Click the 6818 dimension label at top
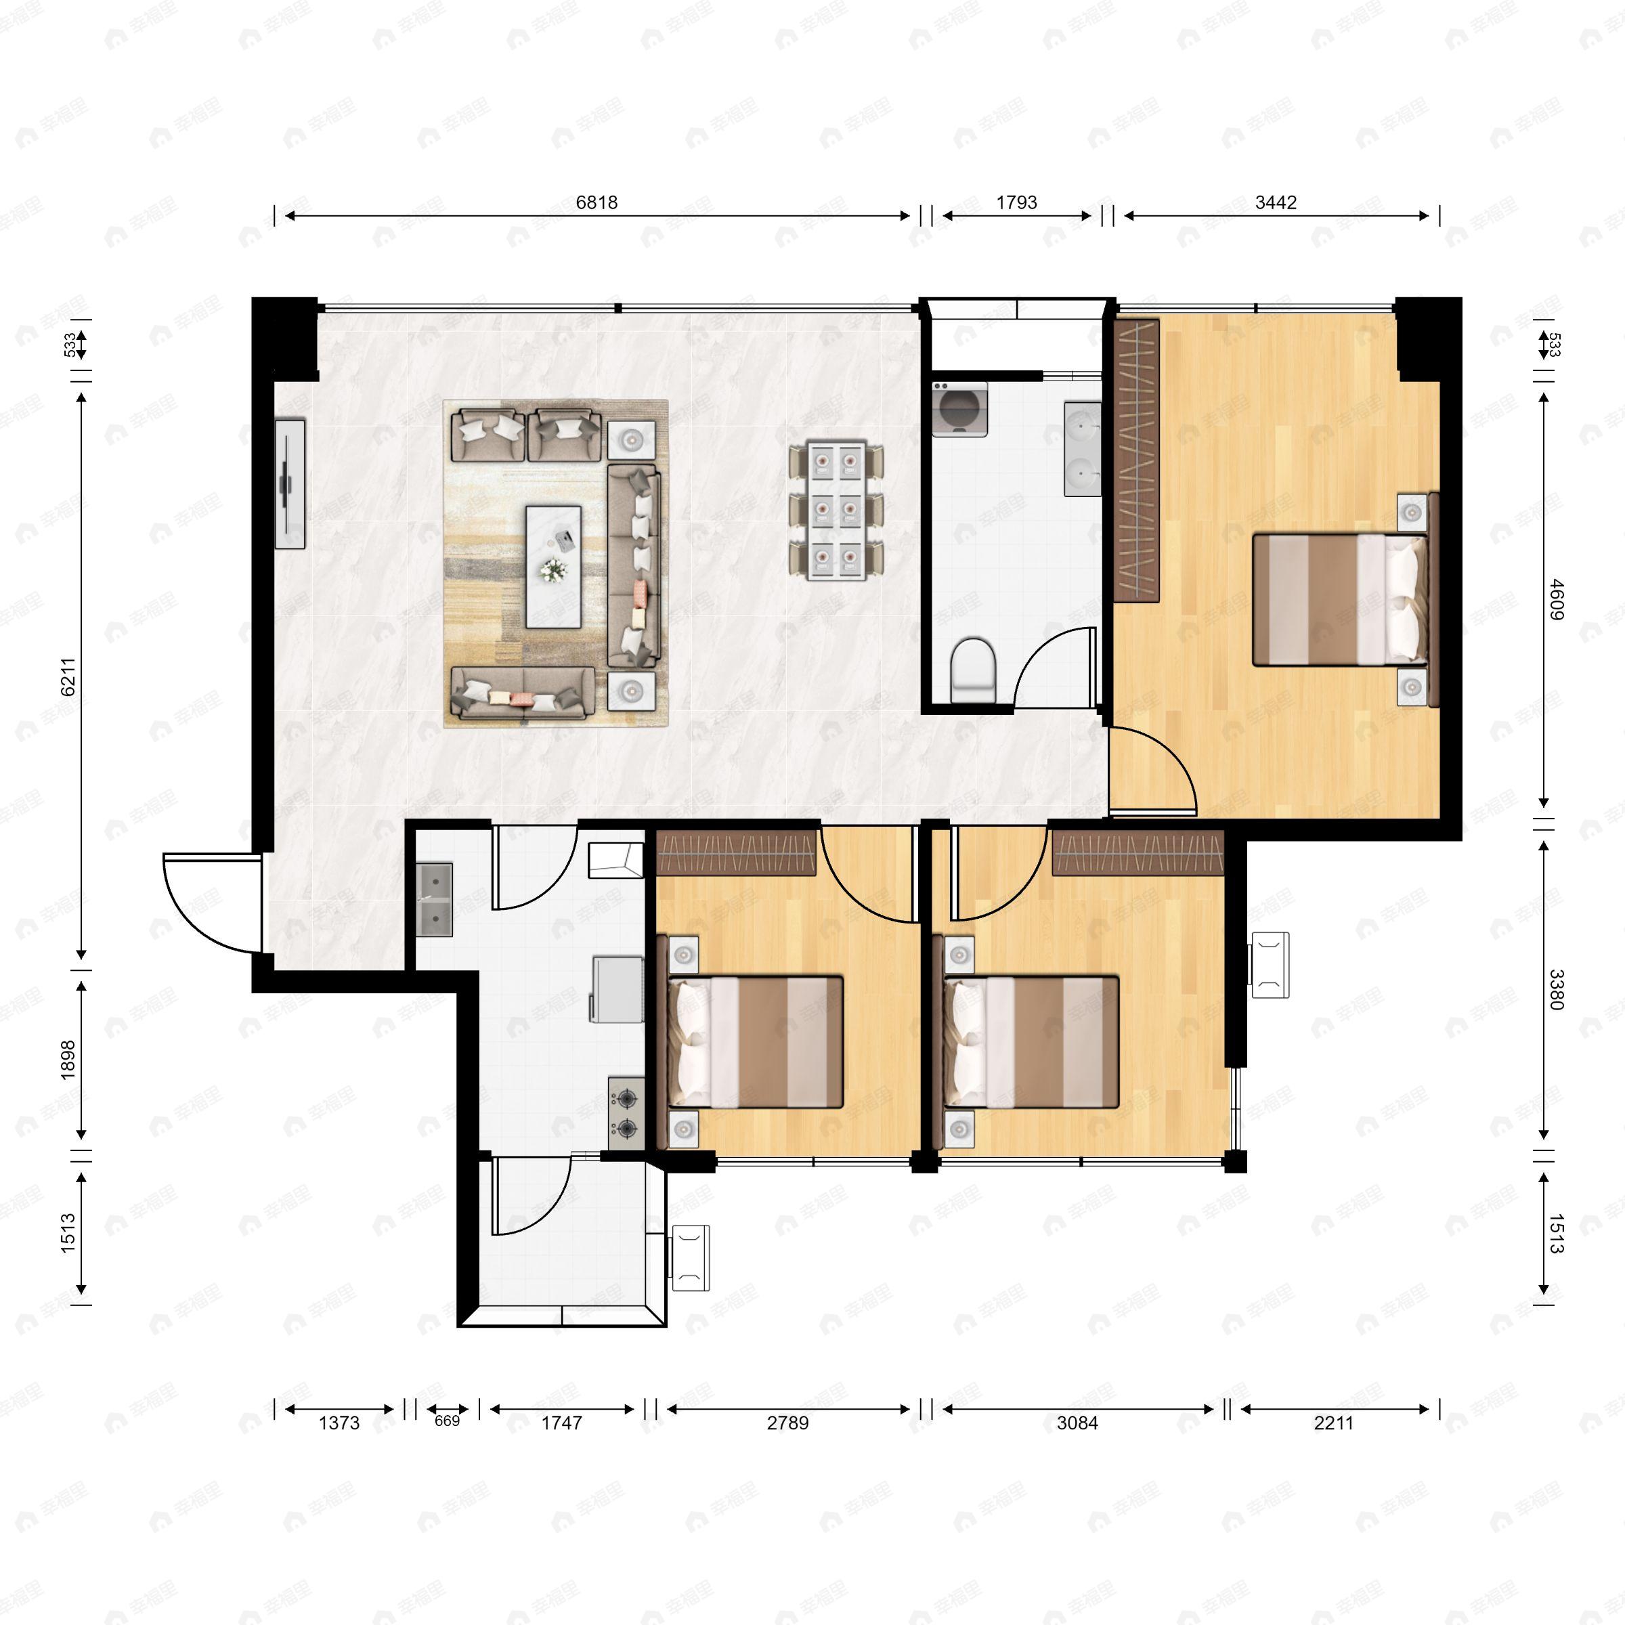pos(597,202)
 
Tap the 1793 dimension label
pos(1016,202)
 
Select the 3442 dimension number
pos(1276,202)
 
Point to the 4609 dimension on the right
pos(1556,600)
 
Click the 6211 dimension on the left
pos(69,676)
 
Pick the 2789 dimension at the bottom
pos(787,1423)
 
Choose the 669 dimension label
pos(447,1421)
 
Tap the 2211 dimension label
pos(1334,1423)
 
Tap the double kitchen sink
pos(435,899)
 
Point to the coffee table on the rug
pos(552,566)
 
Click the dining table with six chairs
pos(837,511)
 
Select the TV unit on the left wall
pos(290,483)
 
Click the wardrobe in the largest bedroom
pos(1137,459)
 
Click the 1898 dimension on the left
pos(69,1059)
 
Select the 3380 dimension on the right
pos(1556,990)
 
